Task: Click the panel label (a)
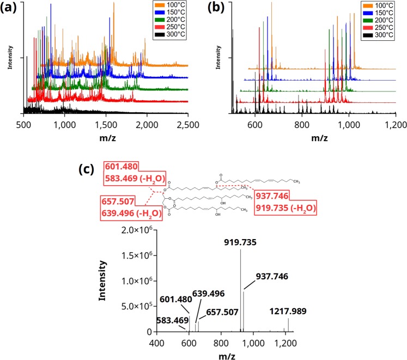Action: pyautogui.click(x=13, y=9)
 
